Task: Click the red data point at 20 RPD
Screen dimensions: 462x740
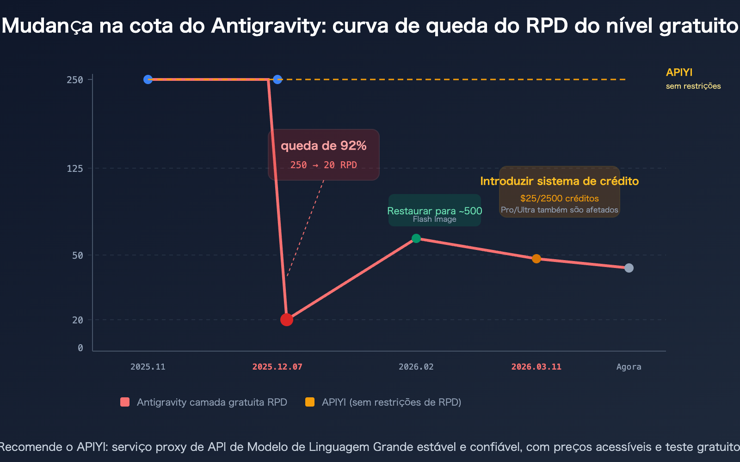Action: [287, 319]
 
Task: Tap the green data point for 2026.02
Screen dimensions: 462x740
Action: [416, 238]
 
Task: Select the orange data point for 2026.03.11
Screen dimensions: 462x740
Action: [536, 259]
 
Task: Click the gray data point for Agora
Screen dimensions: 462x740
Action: [629, 268]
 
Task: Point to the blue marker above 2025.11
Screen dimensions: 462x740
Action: [148, 79]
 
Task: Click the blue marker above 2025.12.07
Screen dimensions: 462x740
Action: [277, 79]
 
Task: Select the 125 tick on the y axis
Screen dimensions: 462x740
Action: [75, 169]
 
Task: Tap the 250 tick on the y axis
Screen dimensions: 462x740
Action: [75, 80]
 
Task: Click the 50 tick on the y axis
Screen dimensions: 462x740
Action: [78, 255]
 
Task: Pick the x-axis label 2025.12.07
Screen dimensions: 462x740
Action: [277, 367]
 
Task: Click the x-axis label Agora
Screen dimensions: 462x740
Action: [629, 367]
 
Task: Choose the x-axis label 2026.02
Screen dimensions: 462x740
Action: [416, 367]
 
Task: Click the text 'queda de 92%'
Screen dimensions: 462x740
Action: [324, 146]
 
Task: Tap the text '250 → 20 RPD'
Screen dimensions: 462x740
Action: [324, 165]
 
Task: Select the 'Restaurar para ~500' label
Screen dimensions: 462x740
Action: [435, 211]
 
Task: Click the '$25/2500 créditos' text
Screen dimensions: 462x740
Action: [560, 198]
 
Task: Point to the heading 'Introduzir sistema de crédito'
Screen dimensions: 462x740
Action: [560, 181]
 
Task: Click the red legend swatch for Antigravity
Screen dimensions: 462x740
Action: [125, 402]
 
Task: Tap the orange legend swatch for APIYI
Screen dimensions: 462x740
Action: [310, 402]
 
